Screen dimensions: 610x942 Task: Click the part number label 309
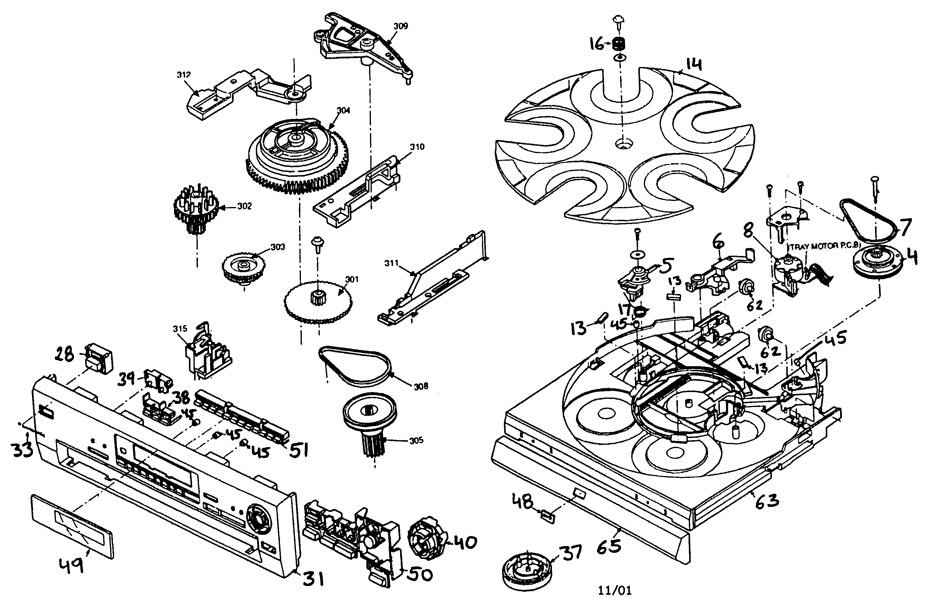pos(400,26)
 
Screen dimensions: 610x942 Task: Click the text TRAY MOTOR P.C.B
pos(820,246)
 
